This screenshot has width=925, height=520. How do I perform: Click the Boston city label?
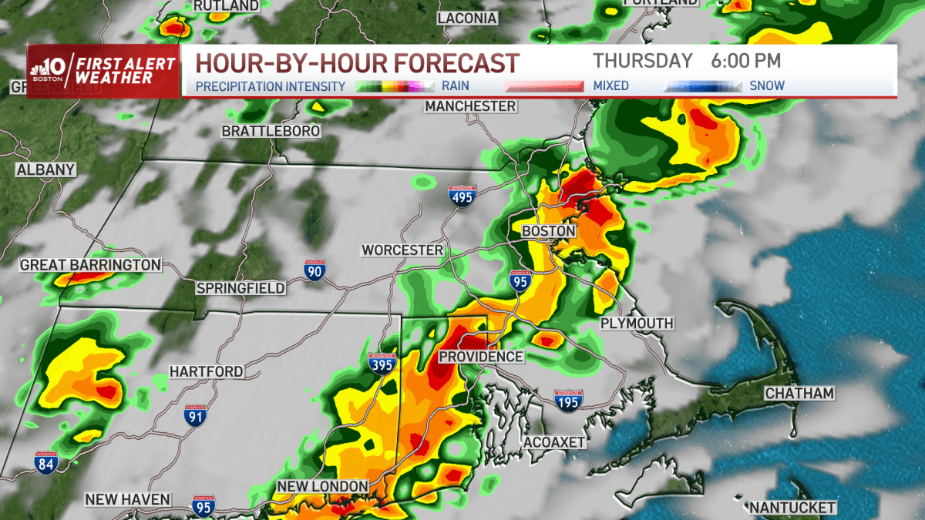tap(548, 231)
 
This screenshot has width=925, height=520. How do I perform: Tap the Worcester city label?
tap(402, 250)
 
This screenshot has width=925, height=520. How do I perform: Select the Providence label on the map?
tap(481, 357)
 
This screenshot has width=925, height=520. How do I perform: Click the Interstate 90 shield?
tap(314, 271)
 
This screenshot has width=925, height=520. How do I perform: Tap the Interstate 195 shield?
tap(569, 400)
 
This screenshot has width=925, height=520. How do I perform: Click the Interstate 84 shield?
tap(46, 463)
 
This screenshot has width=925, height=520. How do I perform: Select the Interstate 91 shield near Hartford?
tap(195, 417)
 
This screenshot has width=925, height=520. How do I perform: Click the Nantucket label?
tap(792, 507)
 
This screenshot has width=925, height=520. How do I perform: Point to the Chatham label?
tap(799, 394)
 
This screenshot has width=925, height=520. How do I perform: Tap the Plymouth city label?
tap(637, 324)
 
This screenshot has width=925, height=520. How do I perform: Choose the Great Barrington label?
tap(91, 265)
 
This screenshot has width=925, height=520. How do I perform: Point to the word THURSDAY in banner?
tap(642, 61)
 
